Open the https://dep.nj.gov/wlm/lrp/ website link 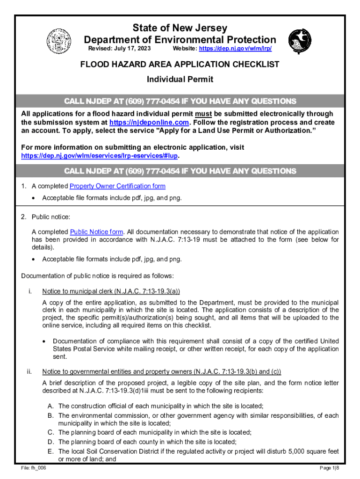click(235, 49)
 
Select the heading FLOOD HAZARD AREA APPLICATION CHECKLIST click(180, 64)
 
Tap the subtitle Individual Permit click(180, 79)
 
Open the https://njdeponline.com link click(149, 122)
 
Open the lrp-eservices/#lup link click(101, 155)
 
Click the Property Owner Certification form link click(117, 186)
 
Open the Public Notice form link click(97, 232)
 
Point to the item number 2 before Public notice click(23, 217)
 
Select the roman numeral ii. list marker click(29, 372)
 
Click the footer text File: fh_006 click(32, 468)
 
